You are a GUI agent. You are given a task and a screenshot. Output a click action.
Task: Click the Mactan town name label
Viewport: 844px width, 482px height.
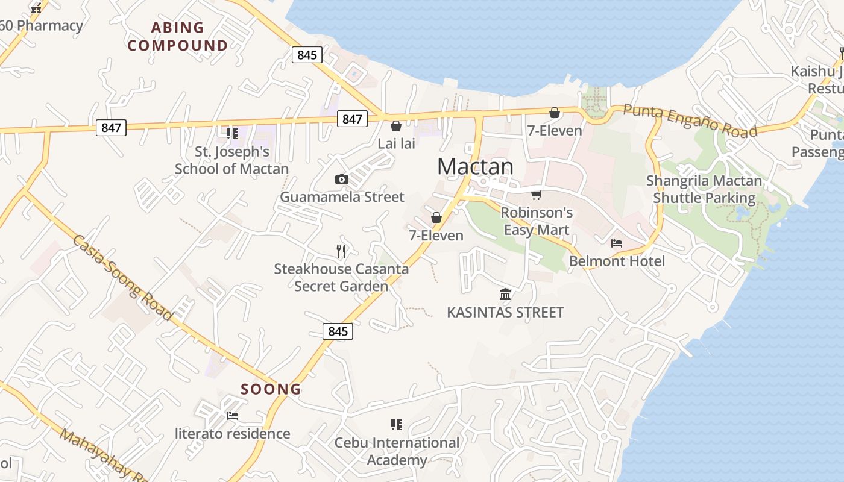pyautogui.click(x=475, y=166)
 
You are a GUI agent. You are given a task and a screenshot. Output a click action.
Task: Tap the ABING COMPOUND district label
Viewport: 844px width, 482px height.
pyautogui.click(x=178, y=36)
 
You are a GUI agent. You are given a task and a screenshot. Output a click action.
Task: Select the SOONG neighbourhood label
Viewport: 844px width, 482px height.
pyautogui.click(x=271, y=389)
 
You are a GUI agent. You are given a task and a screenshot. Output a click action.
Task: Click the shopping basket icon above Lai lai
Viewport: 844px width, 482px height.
pyautogui.click(x=396, y=126)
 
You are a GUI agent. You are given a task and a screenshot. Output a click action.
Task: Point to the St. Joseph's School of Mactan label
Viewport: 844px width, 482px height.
pyautogui.click(x=231, y=160)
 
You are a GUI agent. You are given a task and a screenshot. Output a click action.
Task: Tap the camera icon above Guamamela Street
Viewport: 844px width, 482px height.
pyautogui.click(x=341, y=179)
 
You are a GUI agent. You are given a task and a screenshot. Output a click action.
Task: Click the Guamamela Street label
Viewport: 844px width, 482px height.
pyautogui.click(x=342, y=197)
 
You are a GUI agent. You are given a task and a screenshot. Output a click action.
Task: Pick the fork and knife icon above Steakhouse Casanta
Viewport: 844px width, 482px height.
pyautogui.click(x=342, y=251)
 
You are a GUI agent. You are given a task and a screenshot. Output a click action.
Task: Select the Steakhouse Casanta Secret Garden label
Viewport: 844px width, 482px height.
pyautogui.click(x=341, y=277)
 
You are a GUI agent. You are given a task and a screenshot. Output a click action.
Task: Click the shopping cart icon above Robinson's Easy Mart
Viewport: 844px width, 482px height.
pyautogui.click(x=536, y=195)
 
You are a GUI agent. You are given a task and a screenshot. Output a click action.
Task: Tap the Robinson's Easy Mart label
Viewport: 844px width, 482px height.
pyautogui.click(x=537, y=221)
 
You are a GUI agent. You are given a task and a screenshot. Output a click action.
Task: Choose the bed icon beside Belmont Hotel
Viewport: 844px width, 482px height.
pyautogui.click(x=617, y=243)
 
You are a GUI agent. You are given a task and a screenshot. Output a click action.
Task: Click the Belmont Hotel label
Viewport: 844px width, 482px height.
pyautogui.click(x=617, y=261)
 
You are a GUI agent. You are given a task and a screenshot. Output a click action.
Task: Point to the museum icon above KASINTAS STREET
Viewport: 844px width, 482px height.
pyautogui.click(x=505, y=294)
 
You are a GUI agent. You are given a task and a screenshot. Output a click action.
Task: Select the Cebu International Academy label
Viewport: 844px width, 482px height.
pyautogui.click(x=397, y=451)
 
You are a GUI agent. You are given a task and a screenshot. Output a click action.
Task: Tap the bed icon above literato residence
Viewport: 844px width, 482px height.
pyautogui.click(x=232, y=416)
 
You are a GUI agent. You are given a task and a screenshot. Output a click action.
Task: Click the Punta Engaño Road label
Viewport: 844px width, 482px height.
pyautogui.click(x=690, y=120)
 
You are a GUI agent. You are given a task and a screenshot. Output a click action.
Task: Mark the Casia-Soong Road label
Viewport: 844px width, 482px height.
pyautogui.click(x=123, y=278)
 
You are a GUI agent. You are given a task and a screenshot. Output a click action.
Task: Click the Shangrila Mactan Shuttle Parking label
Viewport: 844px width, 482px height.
pyautogui.click(x=704, y=189)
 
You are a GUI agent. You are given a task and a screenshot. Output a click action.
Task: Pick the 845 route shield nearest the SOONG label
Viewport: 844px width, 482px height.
pyautogui.click(x=338, y=331)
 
